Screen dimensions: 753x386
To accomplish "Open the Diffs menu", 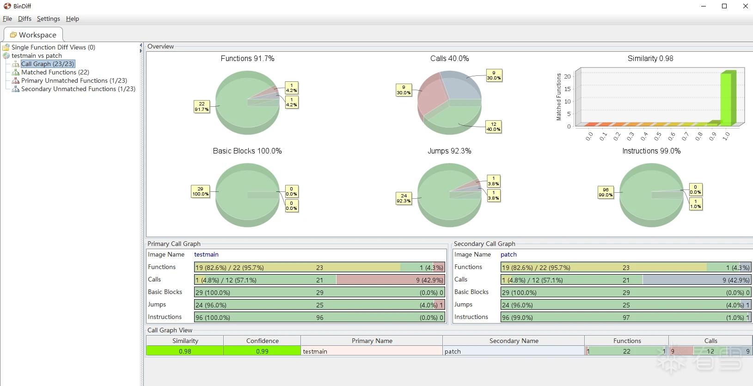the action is click(24, 19).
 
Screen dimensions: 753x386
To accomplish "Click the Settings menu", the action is click(49, 19).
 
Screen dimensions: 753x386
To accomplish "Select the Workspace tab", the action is click(33, 35).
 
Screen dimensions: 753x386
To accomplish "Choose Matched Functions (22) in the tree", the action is click(55, 72).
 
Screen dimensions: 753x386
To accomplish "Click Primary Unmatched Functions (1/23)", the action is click(74, 81).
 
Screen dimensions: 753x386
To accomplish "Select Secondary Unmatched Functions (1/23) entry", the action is click(78, 89).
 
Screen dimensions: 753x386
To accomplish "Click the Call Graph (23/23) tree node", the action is click(48, 64).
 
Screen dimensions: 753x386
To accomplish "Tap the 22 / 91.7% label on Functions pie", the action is click(202, 107).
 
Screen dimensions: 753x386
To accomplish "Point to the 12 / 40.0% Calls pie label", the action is click(494, 127).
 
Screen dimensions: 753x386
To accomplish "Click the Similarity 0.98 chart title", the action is click(650, 59).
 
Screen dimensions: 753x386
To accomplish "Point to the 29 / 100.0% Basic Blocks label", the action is click(200, 191).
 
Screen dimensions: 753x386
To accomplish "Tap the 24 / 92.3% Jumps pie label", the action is click(404, 198).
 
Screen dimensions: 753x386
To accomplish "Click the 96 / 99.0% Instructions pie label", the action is click(606, 192).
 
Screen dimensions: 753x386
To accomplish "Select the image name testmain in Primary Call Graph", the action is click(207, 255).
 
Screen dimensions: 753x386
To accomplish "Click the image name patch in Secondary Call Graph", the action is click(508, 255).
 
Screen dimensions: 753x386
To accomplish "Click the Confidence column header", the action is click(262, 341).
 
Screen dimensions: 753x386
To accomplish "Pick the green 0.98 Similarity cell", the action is click(185, 351).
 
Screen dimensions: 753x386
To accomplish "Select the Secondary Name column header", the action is click(514, 341).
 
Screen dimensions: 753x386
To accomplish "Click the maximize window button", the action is click(724, 6).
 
